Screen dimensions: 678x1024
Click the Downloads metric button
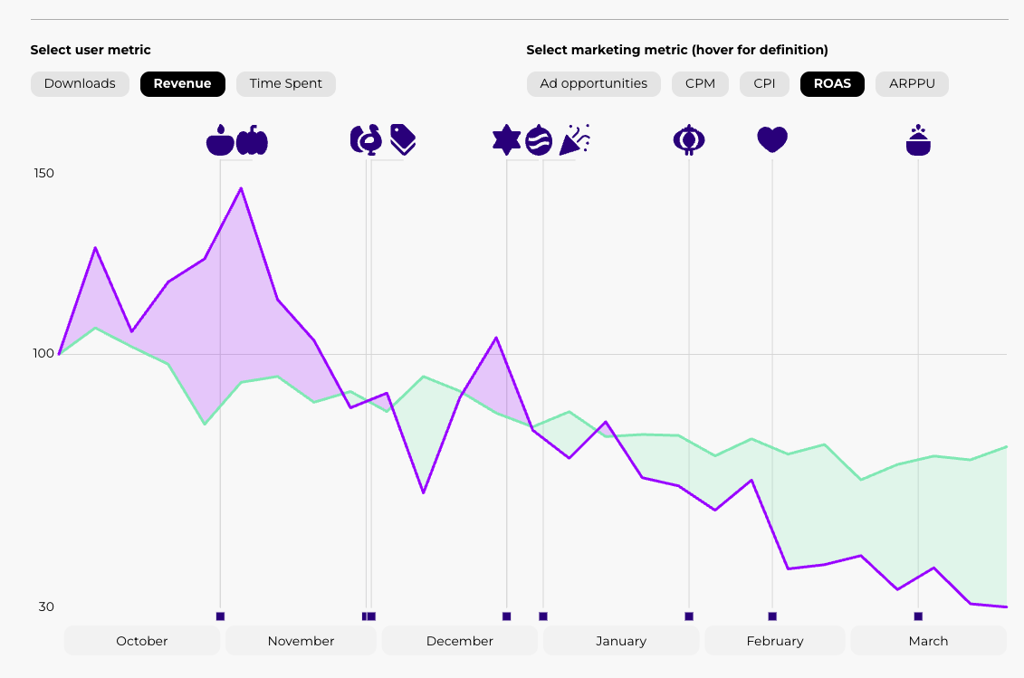click(80, 84)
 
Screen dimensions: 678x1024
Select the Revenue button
click(182, 84)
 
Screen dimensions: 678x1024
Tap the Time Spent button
click(285, 84)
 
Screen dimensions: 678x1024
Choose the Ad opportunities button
click(593, 84)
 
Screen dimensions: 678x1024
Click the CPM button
click(700, 84)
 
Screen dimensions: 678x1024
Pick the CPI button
click(764, 84)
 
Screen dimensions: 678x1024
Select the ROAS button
click(832, 84)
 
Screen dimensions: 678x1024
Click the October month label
click(142, 641)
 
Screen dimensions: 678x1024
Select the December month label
click(460, 641)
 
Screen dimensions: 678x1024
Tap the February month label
click(775, 641)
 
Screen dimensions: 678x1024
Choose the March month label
click(928, 641)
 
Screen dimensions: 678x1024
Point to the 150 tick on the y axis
click(45, 173)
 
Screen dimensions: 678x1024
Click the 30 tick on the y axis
click(45, 606)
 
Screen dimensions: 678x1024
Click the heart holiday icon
click(772, 140)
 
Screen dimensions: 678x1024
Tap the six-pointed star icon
click(506, 140)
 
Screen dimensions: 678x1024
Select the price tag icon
click(403, 139)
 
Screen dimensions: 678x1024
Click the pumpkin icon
click(253, 140)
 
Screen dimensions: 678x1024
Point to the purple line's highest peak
click(241, 188)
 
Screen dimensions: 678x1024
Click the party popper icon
click(575, 139)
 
